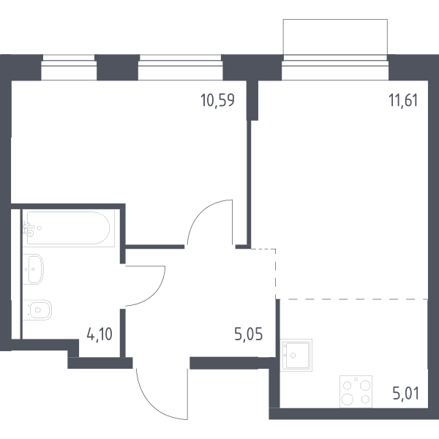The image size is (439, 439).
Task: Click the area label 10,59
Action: pyautogui.click(x=217, y=100)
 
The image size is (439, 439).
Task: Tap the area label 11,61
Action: pyautogui.click(x=403, y=100)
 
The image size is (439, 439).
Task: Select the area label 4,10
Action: pyautogui.click(x=100, y=334)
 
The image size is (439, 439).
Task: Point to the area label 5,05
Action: pyautogui.click(x=249, y=334)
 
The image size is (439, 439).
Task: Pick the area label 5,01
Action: pyautogui.click(x=405, y=394)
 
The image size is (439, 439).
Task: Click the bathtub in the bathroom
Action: pyautogui.click(x=69, y=228)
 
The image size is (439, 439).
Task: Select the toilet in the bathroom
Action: pyautogui.click(x=37, y=310)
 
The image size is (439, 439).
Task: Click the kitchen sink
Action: pyautogui.click(x=296, y=355)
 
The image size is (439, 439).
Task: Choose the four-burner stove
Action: pyautogui.click(x=356, y=391)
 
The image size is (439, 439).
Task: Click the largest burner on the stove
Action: pyautogui.click(x=347, y=399)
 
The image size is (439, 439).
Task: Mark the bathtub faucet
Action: pyautogui.click(x=29, y=229)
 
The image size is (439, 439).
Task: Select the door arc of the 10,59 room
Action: pyautogui.click(x=198, y=213)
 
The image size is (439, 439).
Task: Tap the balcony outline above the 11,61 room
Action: pyautogui.click(x=335, y=19)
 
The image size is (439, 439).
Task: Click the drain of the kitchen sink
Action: pyautogui.click(x=293, y=356)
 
